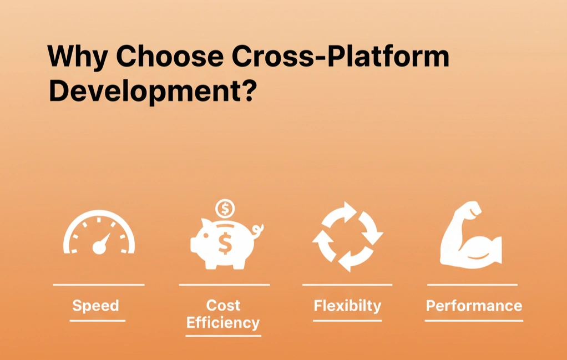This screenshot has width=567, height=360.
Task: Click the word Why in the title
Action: click(x=77, y=57)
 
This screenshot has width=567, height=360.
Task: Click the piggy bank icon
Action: click(x=222, y=244)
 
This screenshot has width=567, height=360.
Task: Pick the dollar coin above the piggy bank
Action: click(x=225, y=209)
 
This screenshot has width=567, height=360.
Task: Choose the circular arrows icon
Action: click(x=348, y=237)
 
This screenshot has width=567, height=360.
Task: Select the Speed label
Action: click(x=95, y=306)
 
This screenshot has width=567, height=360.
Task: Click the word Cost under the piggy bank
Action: click(x=223, y=305)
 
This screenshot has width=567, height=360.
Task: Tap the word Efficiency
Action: click(x=223, y=323)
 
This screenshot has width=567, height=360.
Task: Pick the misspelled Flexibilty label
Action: click(x=347, y=306)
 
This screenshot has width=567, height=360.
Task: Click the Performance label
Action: click(x=474, y=306)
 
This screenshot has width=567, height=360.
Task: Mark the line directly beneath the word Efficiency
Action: click(x=223, y=336)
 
